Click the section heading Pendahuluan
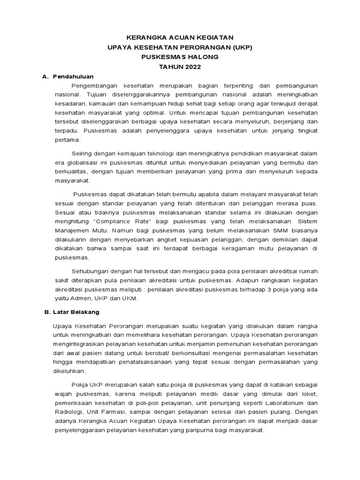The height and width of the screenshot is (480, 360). (73, 76)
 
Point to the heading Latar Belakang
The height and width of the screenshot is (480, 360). (76, 311)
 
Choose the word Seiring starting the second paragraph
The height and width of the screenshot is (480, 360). (83, 153)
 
